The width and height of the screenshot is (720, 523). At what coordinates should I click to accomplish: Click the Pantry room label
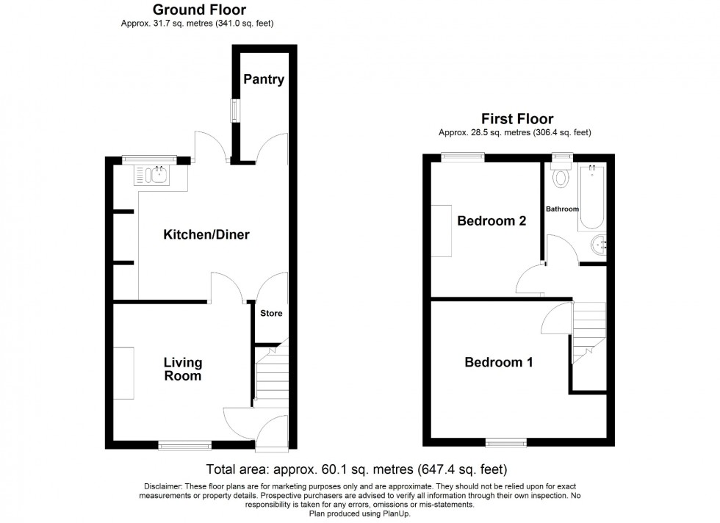[x=264, y=79]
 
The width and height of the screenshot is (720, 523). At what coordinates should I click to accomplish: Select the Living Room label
[x=182, y=369]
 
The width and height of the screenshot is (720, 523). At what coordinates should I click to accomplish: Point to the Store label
[x=271, y=314]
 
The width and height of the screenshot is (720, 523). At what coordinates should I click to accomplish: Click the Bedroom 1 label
[x=499, y=362]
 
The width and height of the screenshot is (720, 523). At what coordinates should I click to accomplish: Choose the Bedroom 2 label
[x=492, y=221]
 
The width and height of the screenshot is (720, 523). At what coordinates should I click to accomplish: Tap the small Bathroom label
[x=562, y=209]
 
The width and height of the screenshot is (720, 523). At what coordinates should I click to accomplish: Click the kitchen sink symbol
[x=154, y=175]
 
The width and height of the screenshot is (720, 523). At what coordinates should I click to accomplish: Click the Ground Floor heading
[x=199, y=10]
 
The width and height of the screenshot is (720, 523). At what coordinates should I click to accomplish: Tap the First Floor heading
[x=517, y=118]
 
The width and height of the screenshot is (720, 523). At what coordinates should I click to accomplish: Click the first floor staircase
[x=588, y=331]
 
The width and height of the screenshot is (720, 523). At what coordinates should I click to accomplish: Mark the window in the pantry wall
[x=235, y=110]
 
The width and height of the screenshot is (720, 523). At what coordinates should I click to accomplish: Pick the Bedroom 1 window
[x=506, y=442]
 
